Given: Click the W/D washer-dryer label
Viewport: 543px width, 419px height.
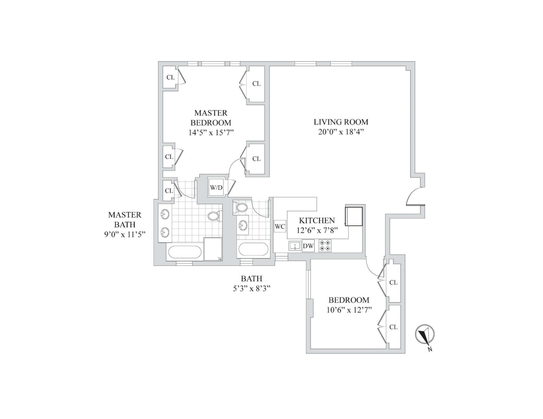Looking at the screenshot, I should point(216,187).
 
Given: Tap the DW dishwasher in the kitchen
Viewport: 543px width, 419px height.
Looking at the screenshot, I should point(308,246).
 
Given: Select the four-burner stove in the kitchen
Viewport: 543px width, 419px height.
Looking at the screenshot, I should point(325,246).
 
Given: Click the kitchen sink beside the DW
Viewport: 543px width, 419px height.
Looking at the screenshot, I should point(295,246).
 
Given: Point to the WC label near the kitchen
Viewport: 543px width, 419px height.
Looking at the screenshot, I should point(280,227).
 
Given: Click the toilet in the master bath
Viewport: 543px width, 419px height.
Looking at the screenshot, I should point(214,216).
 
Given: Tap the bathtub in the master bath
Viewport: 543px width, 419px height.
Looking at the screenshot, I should point(185,253).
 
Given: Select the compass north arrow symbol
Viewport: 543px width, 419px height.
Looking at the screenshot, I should point(425,335).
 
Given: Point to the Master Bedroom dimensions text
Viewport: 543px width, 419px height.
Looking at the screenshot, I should point(211,132).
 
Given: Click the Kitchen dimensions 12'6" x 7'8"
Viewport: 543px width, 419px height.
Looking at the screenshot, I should point(317,230).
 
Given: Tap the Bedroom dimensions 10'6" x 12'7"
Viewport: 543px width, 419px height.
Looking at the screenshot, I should point(349,310).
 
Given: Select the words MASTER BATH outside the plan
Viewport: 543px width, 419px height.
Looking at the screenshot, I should point(125,220).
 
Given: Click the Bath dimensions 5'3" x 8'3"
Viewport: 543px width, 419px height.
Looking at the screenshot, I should point(251,288).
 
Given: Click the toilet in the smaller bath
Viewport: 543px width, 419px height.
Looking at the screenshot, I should point(241,207).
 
